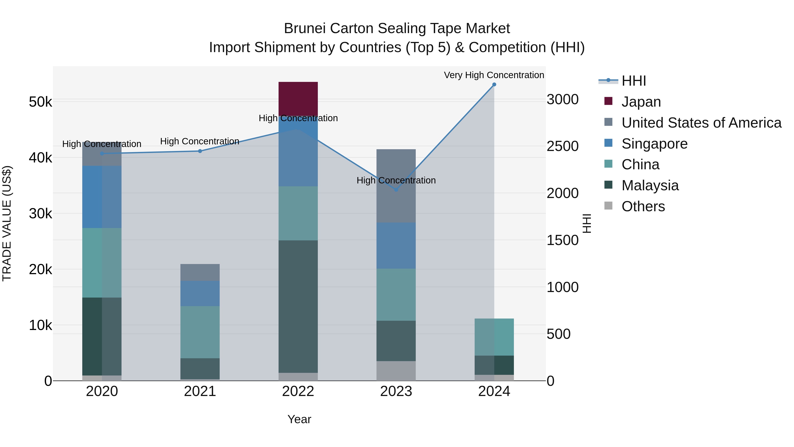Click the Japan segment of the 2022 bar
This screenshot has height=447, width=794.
point(298,99)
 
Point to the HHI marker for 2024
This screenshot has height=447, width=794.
point(494,85)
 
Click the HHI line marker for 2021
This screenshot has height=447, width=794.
point(200,151)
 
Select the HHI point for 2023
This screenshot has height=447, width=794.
point(396,190)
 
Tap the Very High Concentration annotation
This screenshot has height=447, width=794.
point(494,75)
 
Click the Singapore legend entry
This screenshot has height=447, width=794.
point(654,144)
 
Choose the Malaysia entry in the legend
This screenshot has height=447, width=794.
point(650,185)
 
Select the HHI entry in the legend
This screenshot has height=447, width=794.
point(633,81)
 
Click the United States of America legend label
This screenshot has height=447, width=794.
point(701,123)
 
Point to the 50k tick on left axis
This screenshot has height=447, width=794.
point(40,102)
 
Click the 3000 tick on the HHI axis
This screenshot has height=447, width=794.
point(562,100)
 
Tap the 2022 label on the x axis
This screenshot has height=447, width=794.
point(298,391)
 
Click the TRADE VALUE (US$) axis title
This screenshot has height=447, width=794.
point(7,223)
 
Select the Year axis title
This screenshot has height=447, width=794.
point(299,419)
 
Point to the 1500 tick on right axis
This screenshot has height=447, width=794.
point(562,240)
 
